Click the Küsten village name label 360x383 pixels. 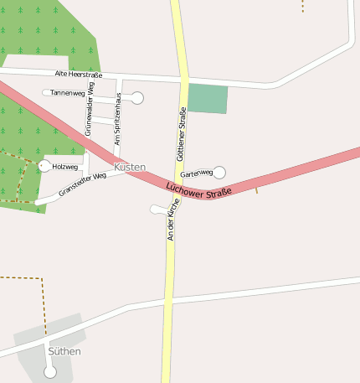pyautogui.click(x=129, y=167)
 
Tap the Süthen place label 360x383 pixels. pyautogui.click(x=64, y=351)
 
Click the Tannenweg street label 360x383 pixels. pyautogui.click(x=67, y=92)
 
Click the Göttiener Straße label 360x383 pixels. pyautogui.click(x=182, y=134)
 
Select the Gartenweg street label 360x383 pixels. pyautogui.click(x=197, y=173)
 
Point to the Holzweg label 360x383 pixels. pyautogui.click(x=64, y=167)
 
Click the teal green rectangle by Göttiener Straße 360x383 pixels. pyautogui.click(x=207, y=98)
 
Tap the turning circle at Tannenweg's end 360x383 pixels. pyautogui.click(x=137, y=98)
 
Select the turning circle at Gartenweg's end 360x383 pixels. pyautogui.click(x=219, y=173)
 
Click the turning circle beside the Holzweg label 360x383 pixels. pyautogui.click(x=44, y=166)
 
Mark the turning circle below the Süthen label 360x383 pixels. pyautogui.click(x=49, y=371)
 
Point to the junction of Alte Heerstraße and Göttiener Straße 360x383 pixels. pyautogui.click(x=183, y=80)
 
